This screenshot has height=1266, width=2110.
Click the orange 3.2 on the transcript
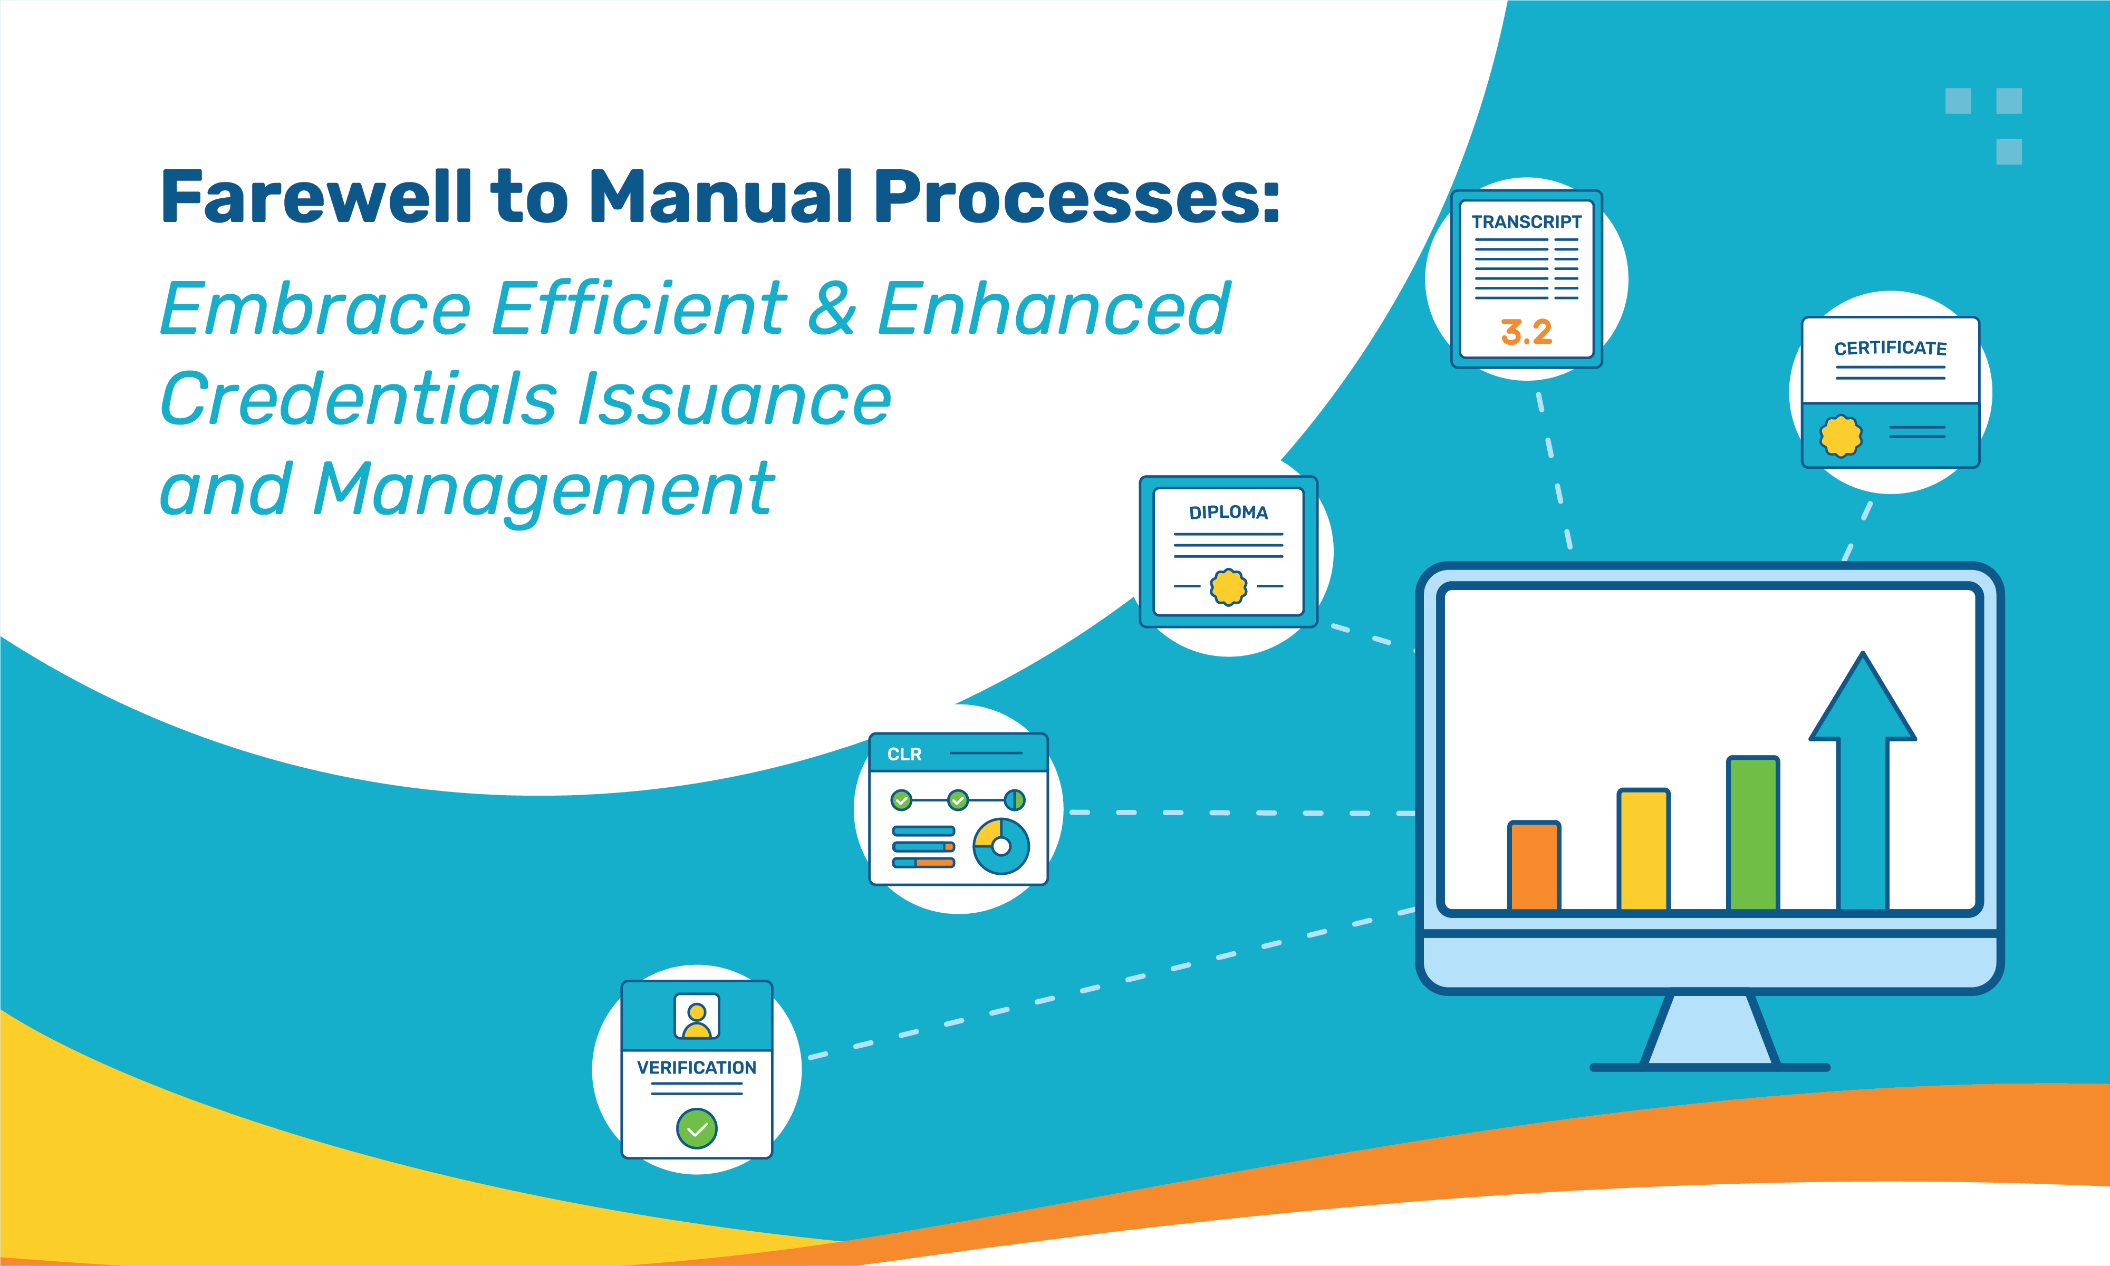1526,332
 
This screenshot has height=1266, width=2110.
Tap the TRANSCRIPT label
1526,222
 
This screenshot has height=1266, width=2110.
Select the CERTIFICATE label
1890,348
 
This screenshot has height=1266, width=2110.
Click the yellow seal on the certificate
1841,436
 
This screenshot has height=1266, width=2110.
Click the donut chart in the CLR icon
1001,846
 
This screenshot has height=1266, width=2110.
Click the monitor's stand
1710,1032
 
